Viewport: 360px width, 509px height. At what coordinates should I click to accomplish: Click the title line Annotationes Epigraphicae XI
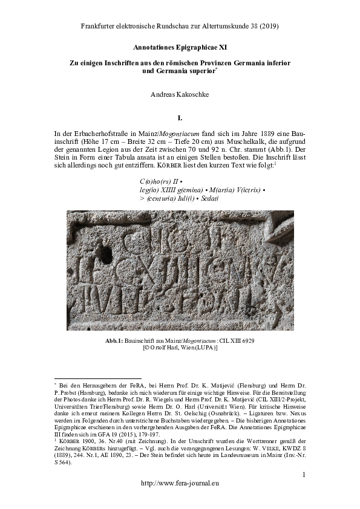tap(180, 47)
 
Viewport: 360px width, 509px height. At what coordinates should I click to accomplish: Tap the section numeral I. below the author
tap(180, 117)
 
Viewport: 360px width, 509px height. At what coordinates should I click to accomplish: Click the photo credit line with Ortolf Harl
tap(180, 349)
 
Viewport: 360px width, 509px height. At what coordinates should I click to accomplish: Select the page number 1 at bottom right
tap(304, 476)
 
